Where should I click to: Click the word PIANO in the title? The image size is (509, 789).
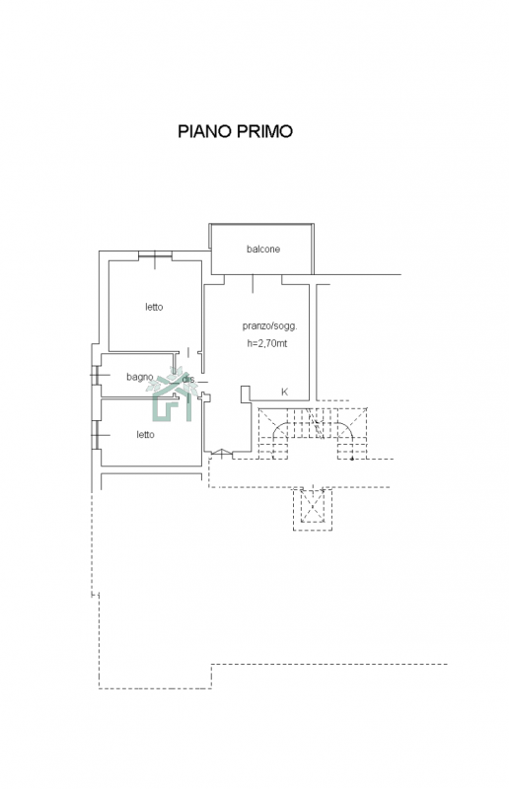[x=205, y=131]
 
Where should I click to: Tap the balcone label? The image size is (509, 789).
[x=263, y=250]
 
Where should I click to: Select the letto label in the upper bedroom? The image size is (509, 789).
[x=154, y=307]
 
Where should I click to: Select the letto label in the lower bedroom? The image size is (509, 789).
[x=146, y=435]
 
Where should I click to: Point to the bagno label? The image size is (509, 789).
[x=140, y=377]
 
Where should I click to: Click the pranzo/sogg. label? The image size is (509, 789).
[x=270, y=326]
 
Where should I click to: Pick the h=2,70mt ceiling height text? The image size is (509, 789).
[x=267, y=343]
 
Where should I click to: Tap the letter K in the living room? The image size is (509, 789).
[x=284, y=392]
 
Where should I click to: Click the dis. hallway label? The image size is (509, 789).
[x=187, y=379]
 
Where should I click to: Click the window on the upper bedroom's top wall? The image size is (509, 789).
[x=155, y=255]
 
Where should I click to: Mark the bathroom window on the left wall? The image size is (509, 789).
[x=95, y=376]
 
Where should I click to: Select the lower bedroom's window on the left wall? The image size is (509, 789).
[x=95, y=435]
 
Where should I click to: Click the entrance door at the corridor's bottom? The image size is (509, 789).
[x=222, y=454]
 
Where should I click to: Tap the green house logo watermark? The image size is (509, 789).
[x=172, y=394]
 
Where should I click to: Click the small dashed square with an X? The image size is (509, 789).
[x=313, y=509]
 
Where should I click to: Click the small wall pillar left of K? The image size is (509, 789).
[x=246, y=394]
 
